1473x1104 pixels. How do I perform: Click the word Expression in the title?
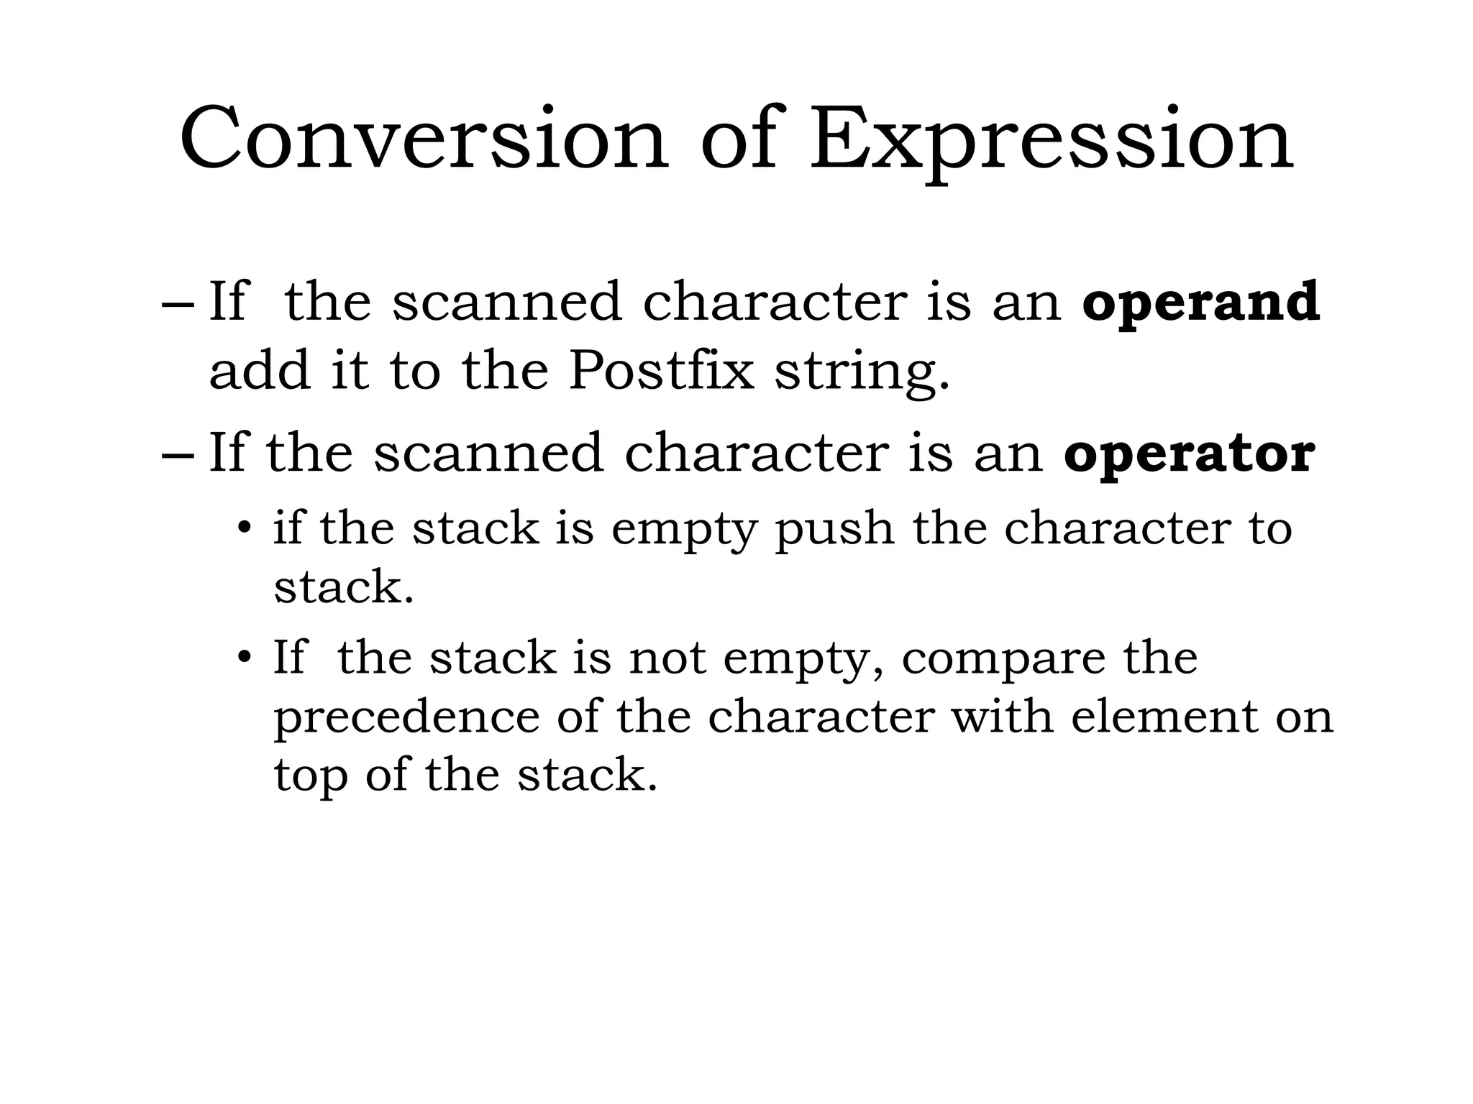click(1051, 140)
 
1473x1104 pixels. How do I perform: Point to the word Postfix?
click(661, 371)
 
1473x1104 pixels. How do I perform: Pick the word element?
click(1164, 717)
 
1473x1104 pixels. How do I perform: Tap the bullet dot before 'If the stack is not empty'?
click(245, 658)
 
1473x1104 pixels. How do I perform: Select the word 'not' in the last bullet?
click(667, 658)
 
